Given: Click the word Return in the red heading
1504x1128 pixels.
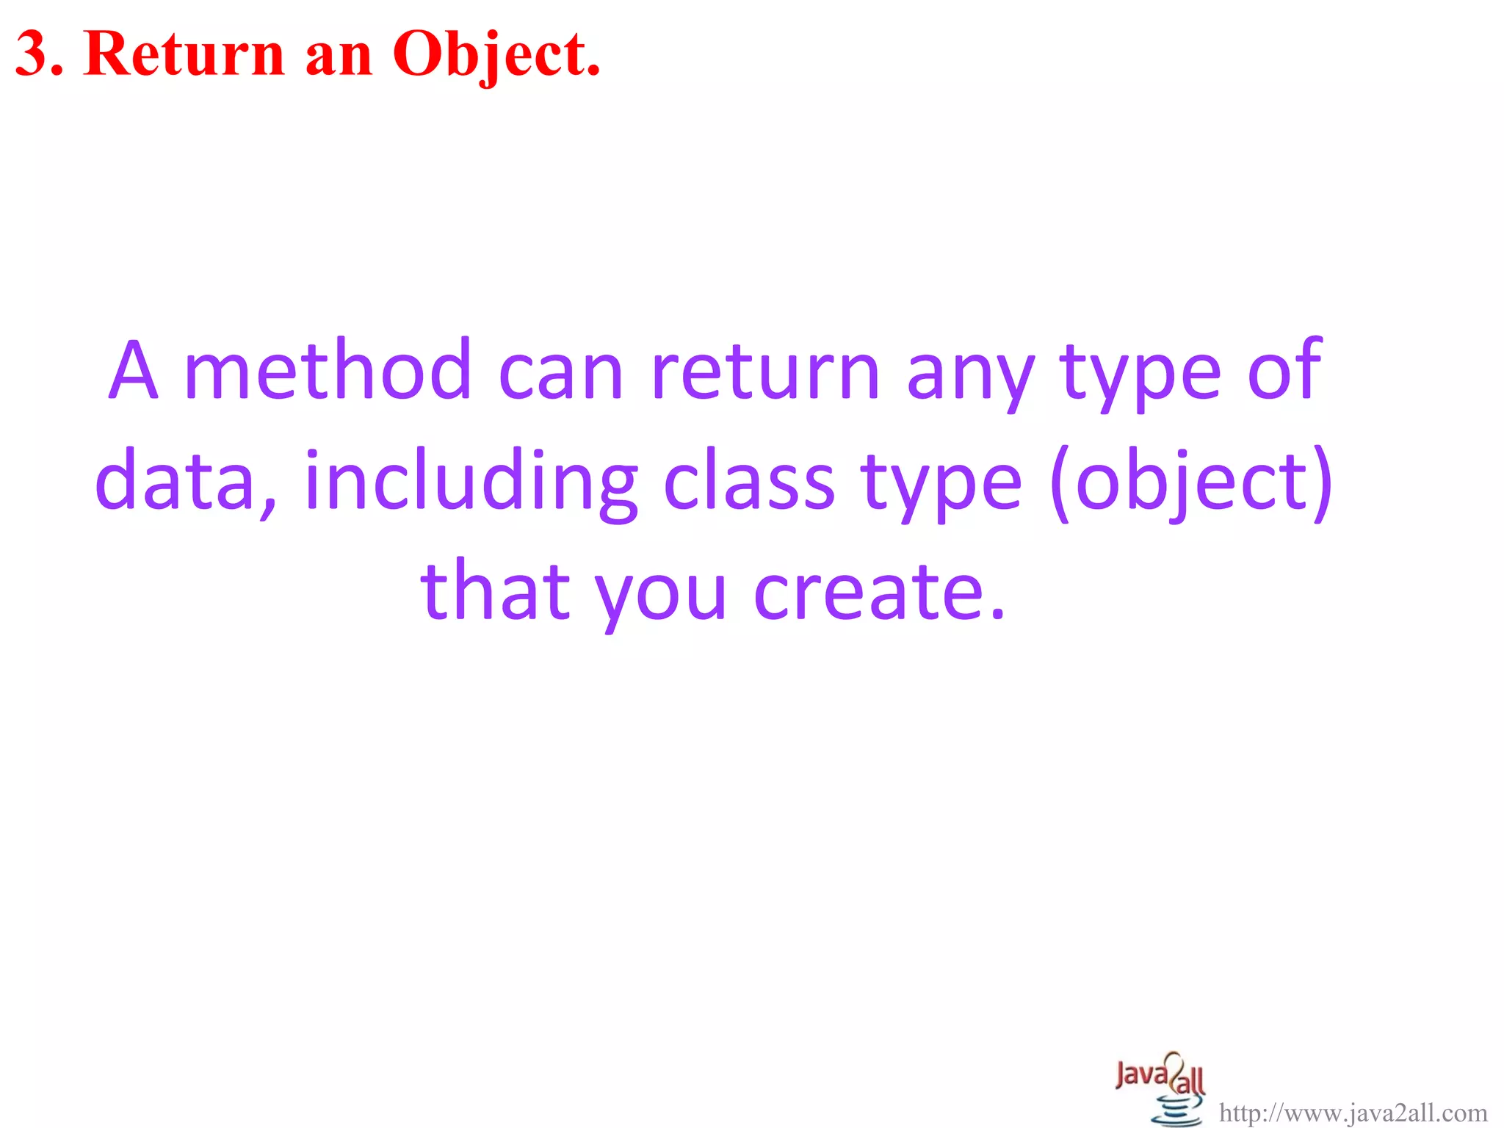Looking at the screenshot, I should (184, 54).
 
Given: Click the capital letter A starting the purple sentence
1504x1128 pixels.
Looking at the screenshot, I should (134, 371).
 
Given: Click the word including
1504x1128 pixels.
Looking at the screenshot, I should (471, 481).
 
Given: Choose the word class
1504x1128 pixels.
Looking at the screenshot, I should (749, 481).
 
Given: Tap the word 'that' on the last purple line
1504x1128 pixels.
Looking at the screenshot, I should (495, 590).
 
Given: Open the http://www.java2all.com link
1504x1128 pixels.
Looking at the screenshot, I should (1353, 1113).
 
